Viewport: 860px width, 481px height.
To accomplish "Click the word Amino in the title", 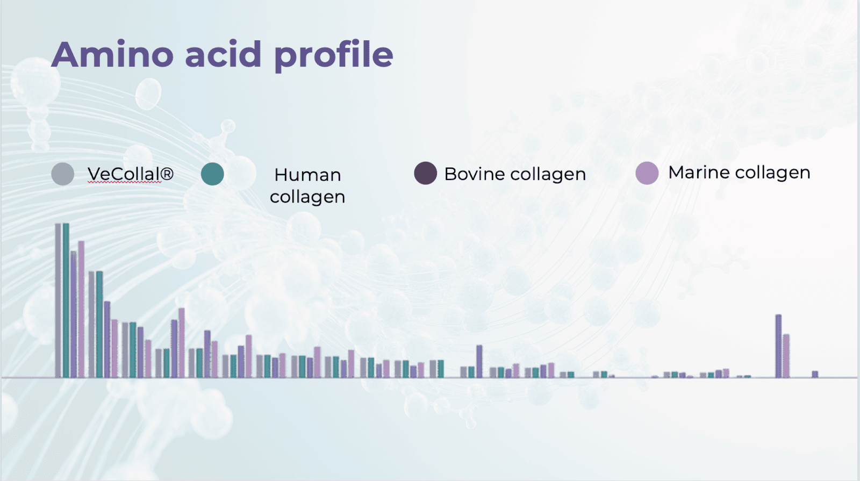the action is [x=113, y=54].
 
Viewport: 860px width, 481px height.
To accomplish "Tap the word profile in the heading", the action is [x=334, y=55].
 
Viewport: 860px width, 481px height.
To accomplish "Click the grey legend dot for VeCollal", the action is [x=62, y=174].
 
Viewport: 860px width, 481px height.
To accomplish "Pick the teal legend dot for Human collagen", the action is [x=212, y=174].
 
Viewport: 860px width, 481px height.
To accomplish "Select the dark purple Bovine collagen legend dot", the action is [x=425, y=173].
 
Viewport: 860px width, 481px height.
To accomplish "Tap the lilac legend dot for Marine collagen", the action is [x=647, y=173].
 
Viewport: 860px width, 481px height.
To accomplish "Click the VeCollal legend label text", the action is [x=131, y=174].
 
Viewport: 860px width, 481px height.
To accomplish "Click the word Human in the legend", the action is [x=307, y=175].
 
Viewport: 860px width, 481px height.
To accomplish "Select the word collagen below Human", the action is [x=307, y=197].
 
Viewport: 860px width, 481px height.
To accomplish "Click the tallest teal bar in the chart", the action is [x=66, y=300].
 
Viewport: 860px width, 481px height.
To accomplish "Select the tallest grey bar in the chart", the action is [x=58, y=300].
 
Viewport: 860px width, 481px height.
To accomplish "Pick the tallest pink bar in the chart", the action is [x=81, y=309].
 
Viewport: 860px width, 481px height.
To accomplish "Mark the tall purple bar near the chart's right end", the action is [x=778, y=346].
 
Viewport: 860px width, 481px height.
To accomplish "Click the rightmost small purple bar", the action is [x=815, y=374].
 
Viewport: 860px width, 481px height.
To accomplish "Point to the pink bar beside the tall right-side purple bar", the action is [x=786, y=356].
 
